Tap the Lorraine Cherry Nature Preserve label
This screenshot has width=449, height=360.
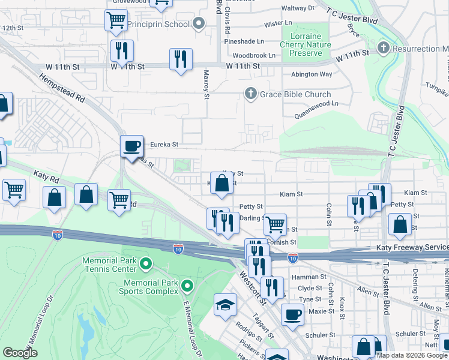pyautogui.click(x=306, y=45)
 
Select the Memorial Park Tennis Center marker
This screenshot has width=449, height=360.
pyautogui.click(x=145, y=263)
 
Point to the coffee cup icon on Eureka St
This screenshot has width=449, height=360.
pyautogui.click(x=131, y=146)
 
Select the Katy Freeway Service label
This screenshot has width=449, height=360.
pyautogui.click(x=412, y=247)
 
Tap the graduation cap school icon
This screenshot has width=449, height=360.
pyautogui.click(x=226, y=304)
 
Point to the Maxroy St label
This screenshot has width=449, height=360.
pyautogui.click(x=206, y=84)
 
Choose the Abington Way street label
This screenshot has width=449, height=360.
pyautogui.click(x=311, y=74)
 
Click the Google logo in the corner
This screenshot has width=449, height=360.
pyautogui.click(x=20, y=352)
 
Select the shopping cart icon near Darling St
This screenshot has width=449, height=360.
pyautogui.click(x=275, y=225)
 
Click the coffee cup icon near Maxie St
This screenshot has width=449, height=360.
pyautogui.click(x=292, y=314)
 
